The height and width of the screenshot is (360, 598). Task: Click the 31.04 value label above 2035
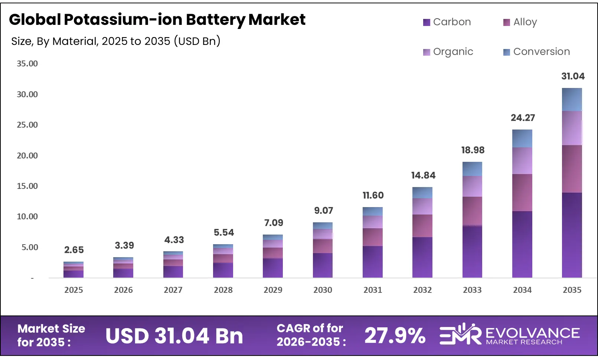572,76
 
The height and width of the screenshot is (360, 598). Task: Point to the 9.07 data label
323,211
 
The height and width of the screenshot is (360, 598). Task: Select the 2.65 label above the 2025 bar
74,250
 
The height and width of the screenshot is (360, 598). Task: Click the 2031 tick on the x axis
372,290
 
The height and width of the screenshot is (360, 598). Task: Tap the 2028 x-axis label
223,290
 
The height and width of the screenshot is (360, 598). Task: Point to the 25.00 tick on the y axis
27,125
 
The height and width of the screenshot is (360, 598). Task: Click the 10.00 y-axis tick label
27,217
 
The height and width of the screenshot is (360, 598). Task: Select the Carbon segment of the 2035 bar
572,235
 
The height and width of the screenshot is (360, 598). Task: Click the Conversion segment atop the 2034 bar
522,138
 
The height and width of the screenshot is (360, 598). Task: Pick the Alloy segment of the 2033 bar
472,211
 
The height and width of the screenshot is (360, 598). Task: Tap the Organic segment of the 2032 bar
422,206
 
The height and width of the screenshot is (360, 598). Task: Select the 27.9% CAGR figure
395,336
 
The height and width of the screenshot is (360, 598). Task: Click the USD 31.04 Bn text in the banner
174,336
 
